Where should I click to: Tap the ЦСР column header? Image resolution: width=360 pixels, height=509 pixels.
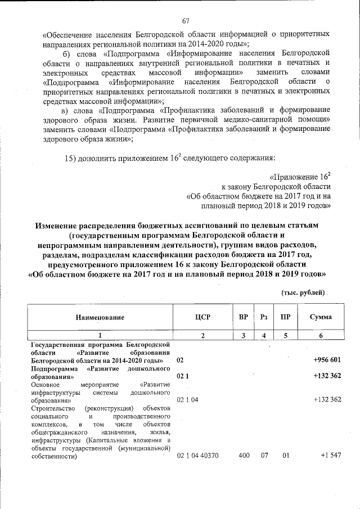click(202, 317)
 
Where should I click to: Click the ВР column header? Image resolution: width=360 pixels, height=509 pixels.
click(244, 317)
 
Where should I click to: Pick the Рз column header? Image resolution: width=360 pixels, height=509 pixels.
click(264, 317)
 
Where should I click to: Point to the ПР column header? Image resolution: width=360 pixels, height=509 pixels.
click(286, 317)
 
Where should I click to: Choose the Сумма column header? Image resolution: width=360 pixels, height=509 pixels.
click(321, 317)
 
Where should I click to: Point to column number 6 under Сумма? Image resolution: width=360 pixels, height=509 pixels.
click(321, 335)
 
